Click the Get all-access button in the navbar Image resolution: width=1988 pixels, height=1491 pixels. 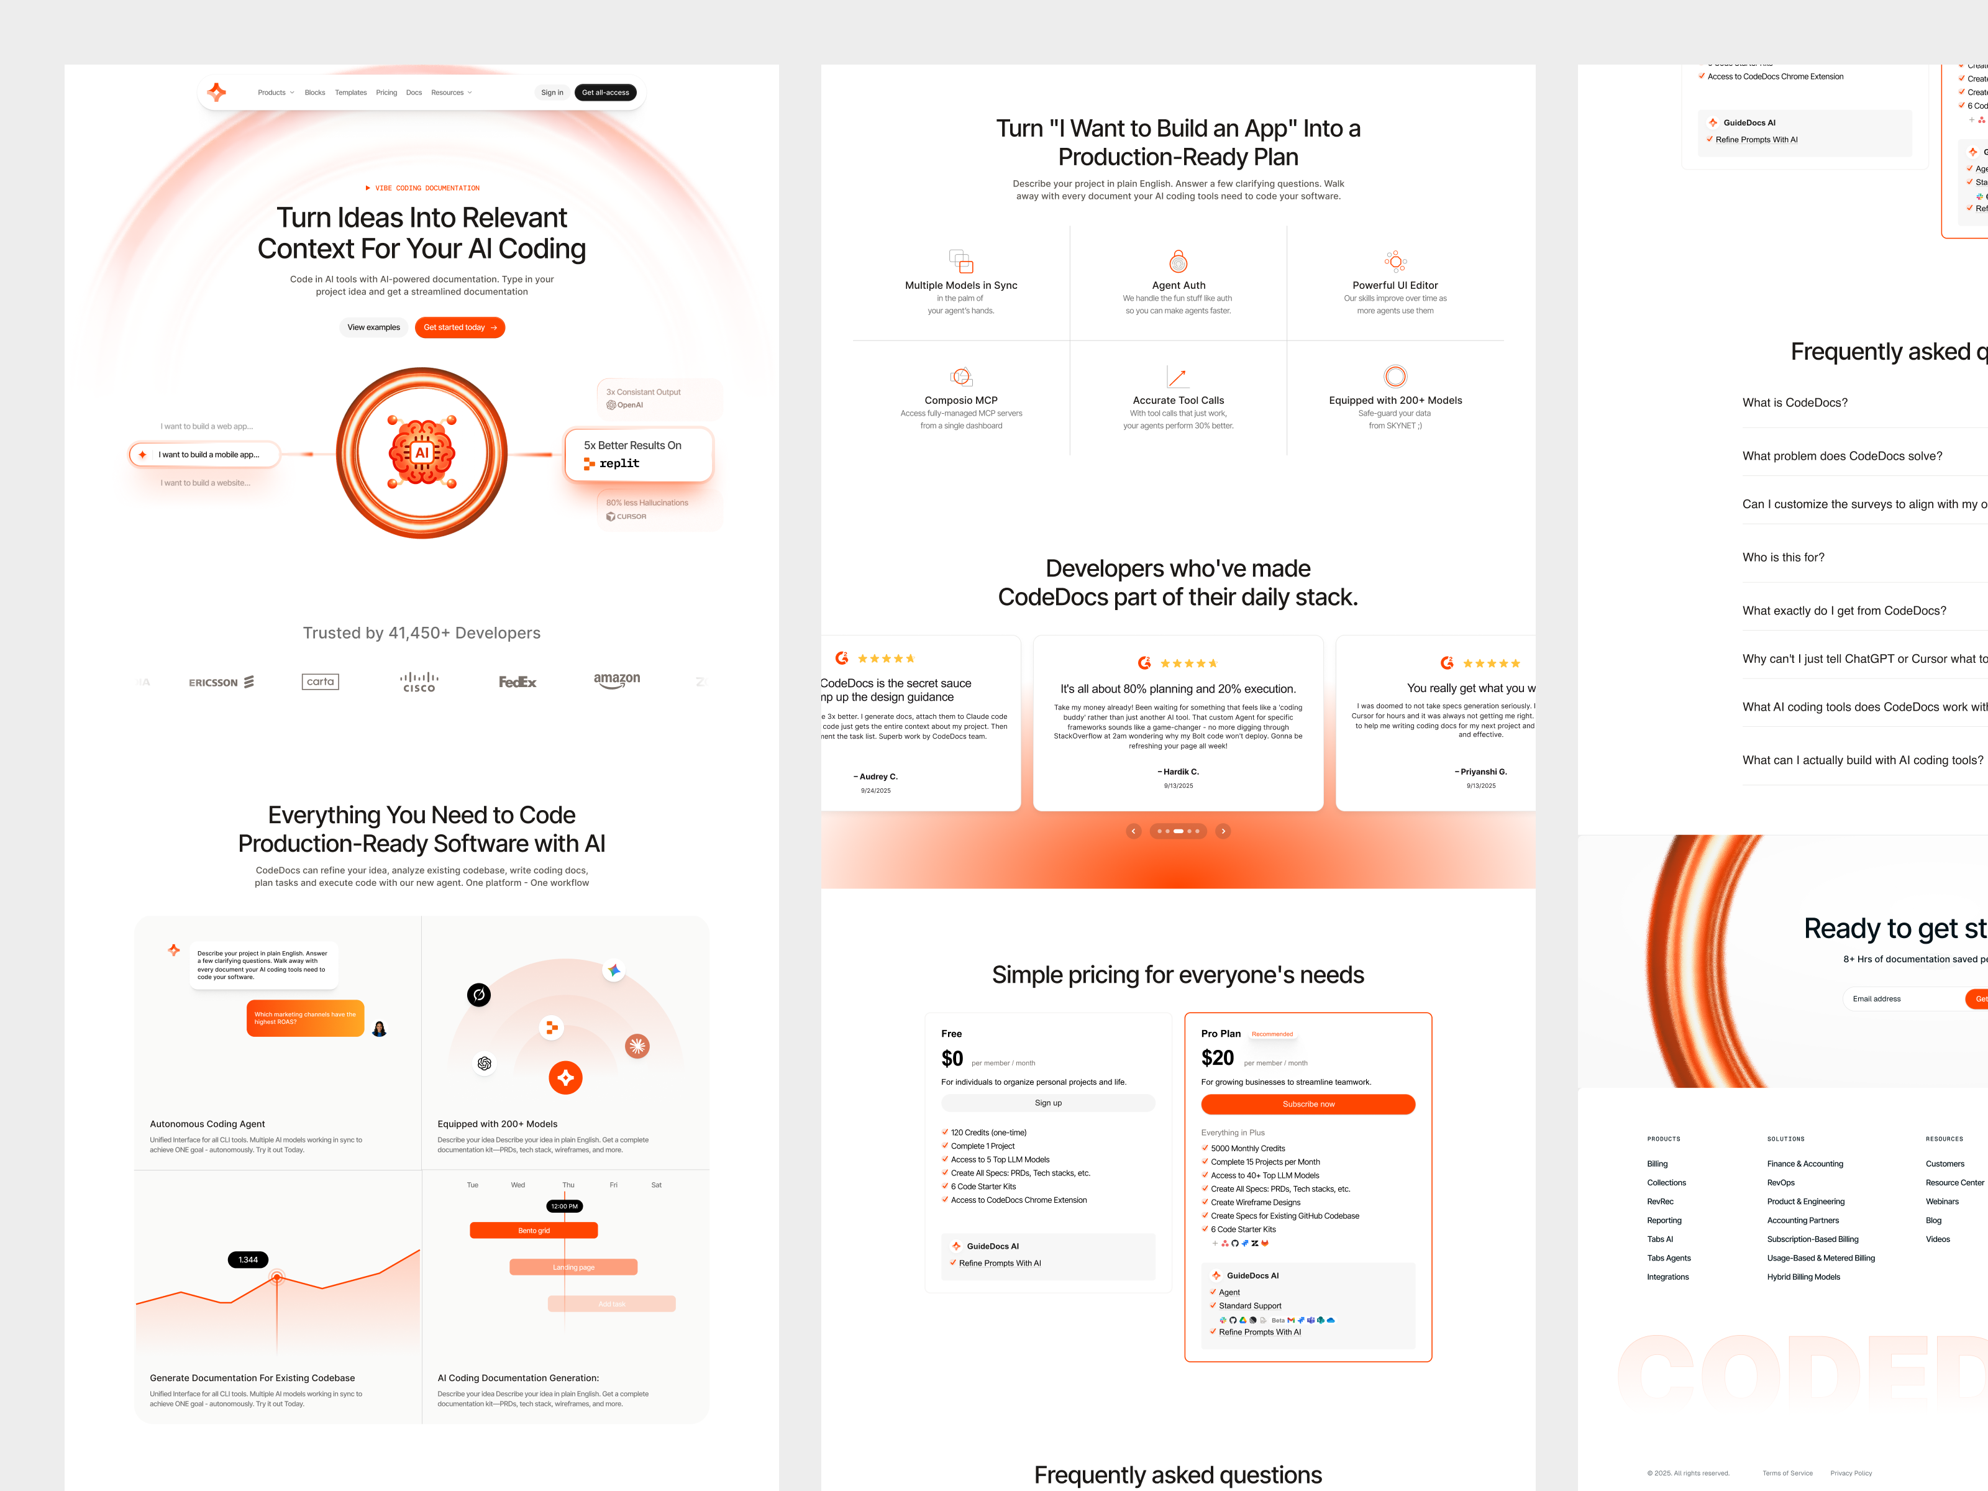click(605, 93)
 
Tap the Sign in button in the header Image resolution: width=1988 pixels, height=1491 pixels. click(552, 93)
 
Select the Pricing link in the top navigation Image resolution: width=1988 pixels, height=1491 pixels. click(386, 93)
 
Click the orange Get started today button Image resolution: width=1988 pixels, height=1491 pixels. click(459, 327)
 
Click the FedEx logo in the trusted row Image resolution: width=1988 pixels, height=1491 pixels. click(518, 682)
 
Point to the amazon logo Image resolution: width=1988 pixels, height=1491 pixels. click(616, 680)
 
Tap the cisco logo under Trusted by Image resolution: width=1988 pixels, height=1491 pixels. click(419, 682)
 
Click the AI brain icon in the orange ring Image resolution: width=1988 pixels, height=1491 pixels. click(421, 452)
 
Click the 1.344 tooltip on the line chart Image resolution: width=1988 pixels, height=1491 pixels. click(248, 1259)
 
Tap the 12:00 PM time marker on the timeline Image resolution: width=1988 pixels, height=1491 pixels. click(564, 1206)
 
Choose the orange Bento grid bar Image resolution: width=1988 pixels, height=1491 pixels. click(533, 1230)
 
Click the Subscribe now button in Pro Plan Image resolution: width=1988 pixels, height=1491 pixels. click(1308, 1103)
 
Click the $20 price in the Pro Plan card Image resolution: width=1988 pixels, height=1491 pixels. click(1217, 1059)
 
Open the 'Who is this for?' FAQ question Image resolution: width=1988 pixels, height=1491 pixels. click(1783, 557)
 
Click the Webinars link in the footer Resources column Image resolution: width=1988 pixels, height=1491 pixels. click(1941, 1201)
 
